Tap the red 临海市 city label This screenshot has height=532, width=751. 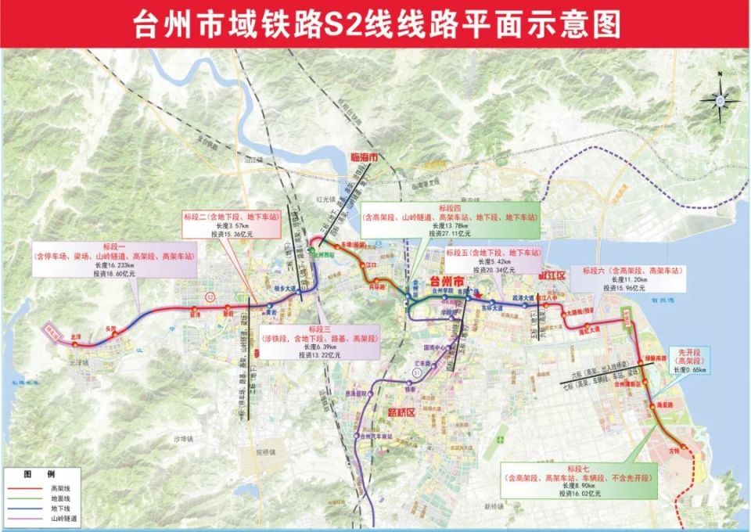pyautogui.click(x=362, y=158)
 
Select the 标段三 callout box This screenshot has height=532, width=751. pyautogui.click(x=315, y=342)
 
